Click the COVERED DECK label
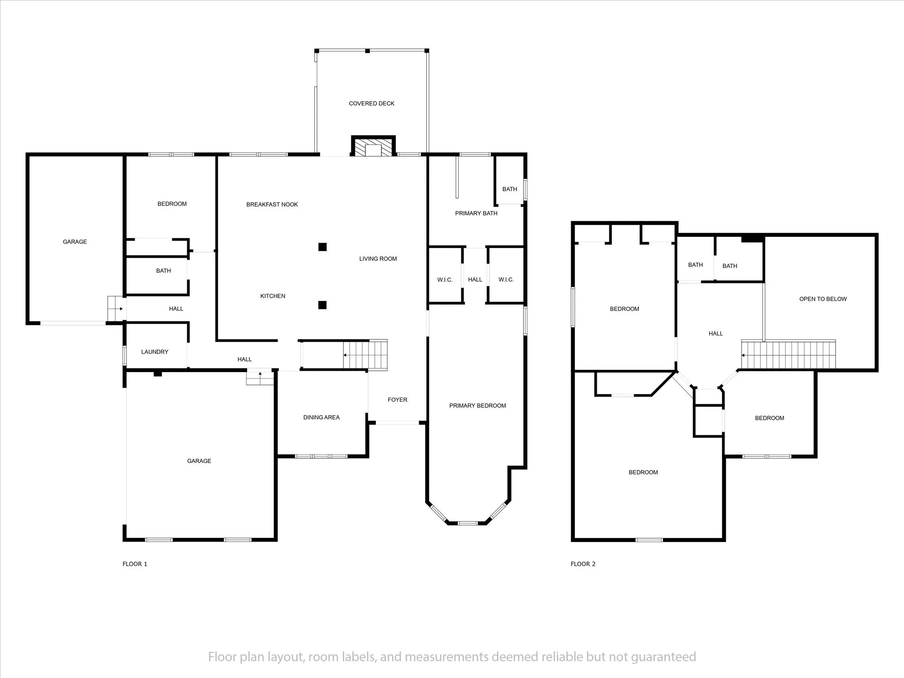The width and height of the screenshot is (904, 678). [x=372, y=104]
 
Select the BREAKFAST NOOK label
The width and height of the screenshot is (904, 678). [x=272, y=204]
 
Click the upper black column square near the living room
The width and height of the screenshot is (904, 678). [x=323, y=247]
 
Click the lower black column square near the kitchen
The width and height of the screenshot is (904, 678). [x=323, y=305]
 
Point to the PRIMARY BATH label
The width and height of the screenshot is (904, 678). [x=476, y=213]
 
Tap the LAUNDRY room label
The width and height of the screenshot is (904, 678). [x=154, y=352]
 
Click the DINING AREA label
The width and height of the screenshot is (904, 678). [x=321, y=417]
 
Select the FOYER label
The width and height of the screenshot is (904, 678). [x=398, y=399]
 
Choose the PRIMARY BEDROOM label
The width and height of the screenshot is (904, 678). [x=478, y=406]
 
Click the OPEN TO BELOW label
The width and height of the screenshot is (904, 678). [x=823, y=299]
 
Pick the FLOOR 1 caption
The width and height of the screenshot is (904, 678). [x=135, y=564]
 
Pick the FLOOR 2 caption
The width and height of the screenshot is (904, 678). [x=583, y=564]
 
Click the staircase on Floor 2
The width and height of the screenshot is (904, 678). [x=788, y=354]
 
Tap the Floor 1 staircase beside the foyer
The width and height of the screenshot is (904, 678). [x=365, y=355]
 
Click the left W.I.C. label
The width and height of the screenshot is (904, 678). [x=445, y=279]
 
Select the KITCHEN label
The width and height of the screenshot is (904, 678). [x=273, y=296]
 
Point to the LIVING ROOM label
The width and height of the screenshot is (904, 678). [x=378, y=259]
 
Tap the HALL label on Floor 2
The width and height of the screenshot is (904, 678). [x=716, y=334]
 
